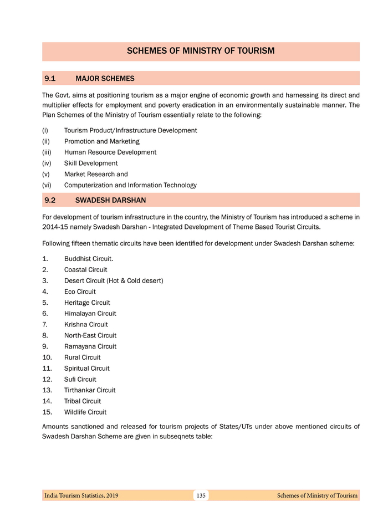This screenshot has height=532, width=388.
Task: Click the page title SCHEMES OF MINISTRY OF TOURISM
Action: (201, 51)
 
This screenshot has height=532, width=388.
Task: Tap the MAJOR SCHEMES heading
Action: (105, 79)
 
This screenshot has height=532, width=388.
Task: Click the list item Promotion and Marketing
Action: (101, 141)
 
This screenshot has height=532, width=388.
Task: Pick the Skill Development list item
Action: (91, 163)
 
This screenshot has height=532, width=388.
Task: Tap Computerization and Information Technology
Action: (130, 185)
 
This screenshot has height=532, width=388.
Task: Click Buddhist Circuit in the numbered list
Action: (89, 259)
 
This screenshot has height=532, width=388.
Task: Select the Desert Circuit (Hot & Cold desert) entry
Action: (114, 281)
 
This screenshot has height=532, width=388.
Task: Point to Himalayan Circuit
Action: (90, 314)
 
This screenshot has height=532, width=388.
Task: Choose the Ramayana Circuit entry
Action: (90, 346)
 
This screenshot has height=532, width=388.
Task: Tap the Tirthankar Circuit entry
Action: (90, 390)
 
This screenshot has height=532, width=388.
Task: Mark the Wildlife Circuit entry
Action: (85, 412)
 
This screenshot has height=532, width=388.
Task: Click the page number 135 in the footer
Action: (201, 495)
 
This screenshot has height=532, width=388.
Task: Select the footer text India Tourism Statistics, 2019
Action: (81, 495)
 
